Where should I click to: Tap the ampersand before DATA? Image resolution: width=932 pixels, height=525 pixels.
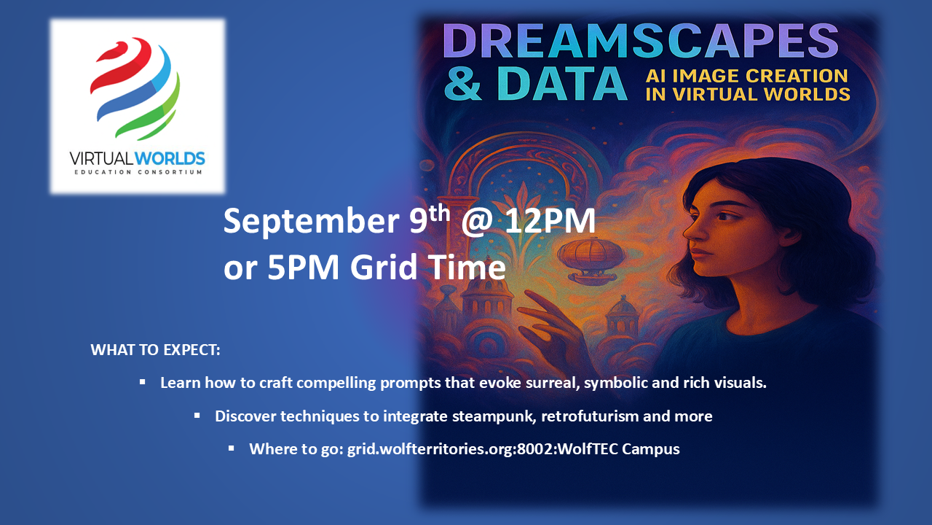click(x=463, y=83)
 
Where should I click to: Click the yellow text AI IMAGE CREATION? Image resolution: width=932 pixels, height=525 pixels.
click(x=747, y=76)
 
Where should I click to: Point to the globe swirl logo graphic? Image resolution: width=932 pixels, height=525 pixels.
click(x=135, y=88)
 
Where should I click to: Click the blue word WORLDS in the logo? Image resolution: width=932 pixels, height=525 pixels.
click(x=170, y=159)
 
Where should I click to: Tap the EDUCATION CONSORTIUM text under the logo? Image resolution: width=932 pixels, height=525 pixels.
click(x=138, y=172)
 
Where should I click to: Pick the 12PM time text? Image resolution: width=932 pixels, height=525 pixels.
click(x=550, y=221)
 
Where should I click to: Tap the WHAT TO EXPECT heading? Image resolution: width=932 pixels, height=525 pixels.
click(x=155, y=350)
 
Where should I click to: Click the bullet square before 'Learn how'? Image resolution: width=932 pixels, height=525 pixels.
click(x=142, y=381)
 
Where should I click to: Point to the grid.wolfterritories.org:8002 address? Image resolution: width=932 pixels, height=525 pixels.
click(x=432, y=449)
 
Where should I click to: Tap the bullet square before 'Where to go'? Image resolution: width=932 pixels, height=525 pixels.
click(x=232, y=448)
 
